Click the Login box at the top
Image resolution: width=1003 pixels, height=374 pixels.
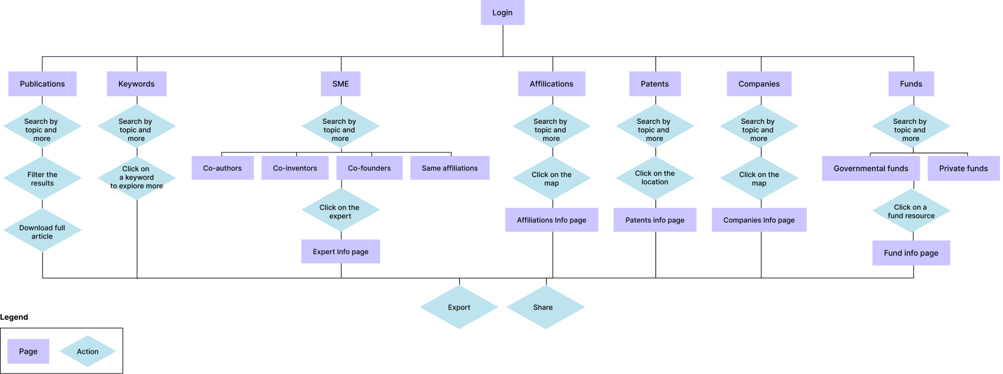click(503, 13)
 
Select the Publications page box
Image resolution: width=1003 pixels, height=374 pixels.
click(43, 84)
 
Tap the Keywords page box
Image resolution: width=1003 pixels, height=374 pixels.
click(136, 84)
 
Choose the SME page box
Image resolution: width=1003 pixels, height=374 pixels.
click(341, 84)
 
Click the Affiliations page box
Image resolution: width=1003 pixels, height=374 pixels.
click(552, 84)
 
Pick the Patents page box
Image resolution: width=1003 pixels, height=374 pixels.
click(655, 84)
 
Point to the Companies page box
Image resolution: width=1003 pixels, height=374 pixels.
click(759, 84)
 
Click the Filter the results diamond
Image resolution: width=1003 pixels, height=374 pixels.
click(43, 178)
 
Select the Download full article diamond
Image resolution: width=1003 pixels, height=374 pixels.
click(43, 230)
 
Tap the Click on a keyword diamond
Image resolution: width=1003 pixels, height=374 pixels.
click(137, 178)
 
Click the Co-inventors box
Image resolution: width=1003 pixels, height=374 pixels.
click(295, 168)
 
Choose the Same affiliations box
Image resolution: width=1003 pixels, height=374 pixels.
click(450, 168)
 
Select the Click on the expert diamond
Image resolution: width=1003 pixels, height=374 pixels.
click(341, 210)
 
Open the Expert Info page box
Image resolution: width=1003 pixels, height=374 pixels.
click(341, 251)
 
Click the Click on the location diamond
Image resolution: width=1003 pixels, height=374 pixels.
click(655, 178)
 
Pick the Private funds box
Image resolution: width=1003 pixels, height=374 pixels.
click(963, 168)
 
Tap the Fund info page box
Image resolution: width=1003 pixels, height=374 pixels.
click(911, 253)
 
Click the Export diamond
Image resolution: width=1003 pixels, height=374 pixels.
click(459, 307)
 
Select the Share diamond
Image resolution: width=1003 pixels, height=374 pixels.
click(546, 307)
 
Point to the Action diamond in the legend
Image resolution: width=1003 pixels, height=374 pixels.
click(88, 351)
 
